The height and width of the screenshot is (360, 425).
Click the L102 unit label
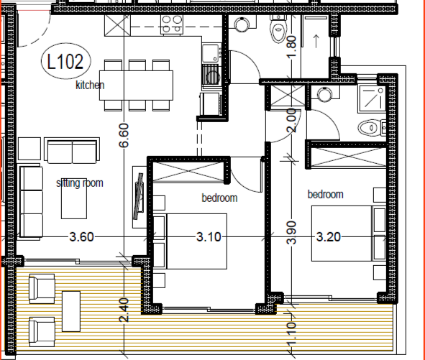tap(63, 61)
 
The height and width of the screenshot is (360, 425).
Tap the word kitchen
tap(91, 86)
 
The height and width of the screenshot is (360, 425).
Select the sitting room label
tap(79, 183)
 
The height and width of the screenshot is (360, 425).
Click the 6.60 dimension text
tap(123, 135)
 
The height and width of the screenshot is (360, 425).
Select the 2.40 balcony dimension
tap(123, 309)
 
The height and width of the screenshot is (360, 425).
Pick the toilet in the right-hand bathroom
tap(369, 128)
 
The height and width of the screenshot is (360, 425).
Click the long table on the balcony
tap(71, 310)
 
